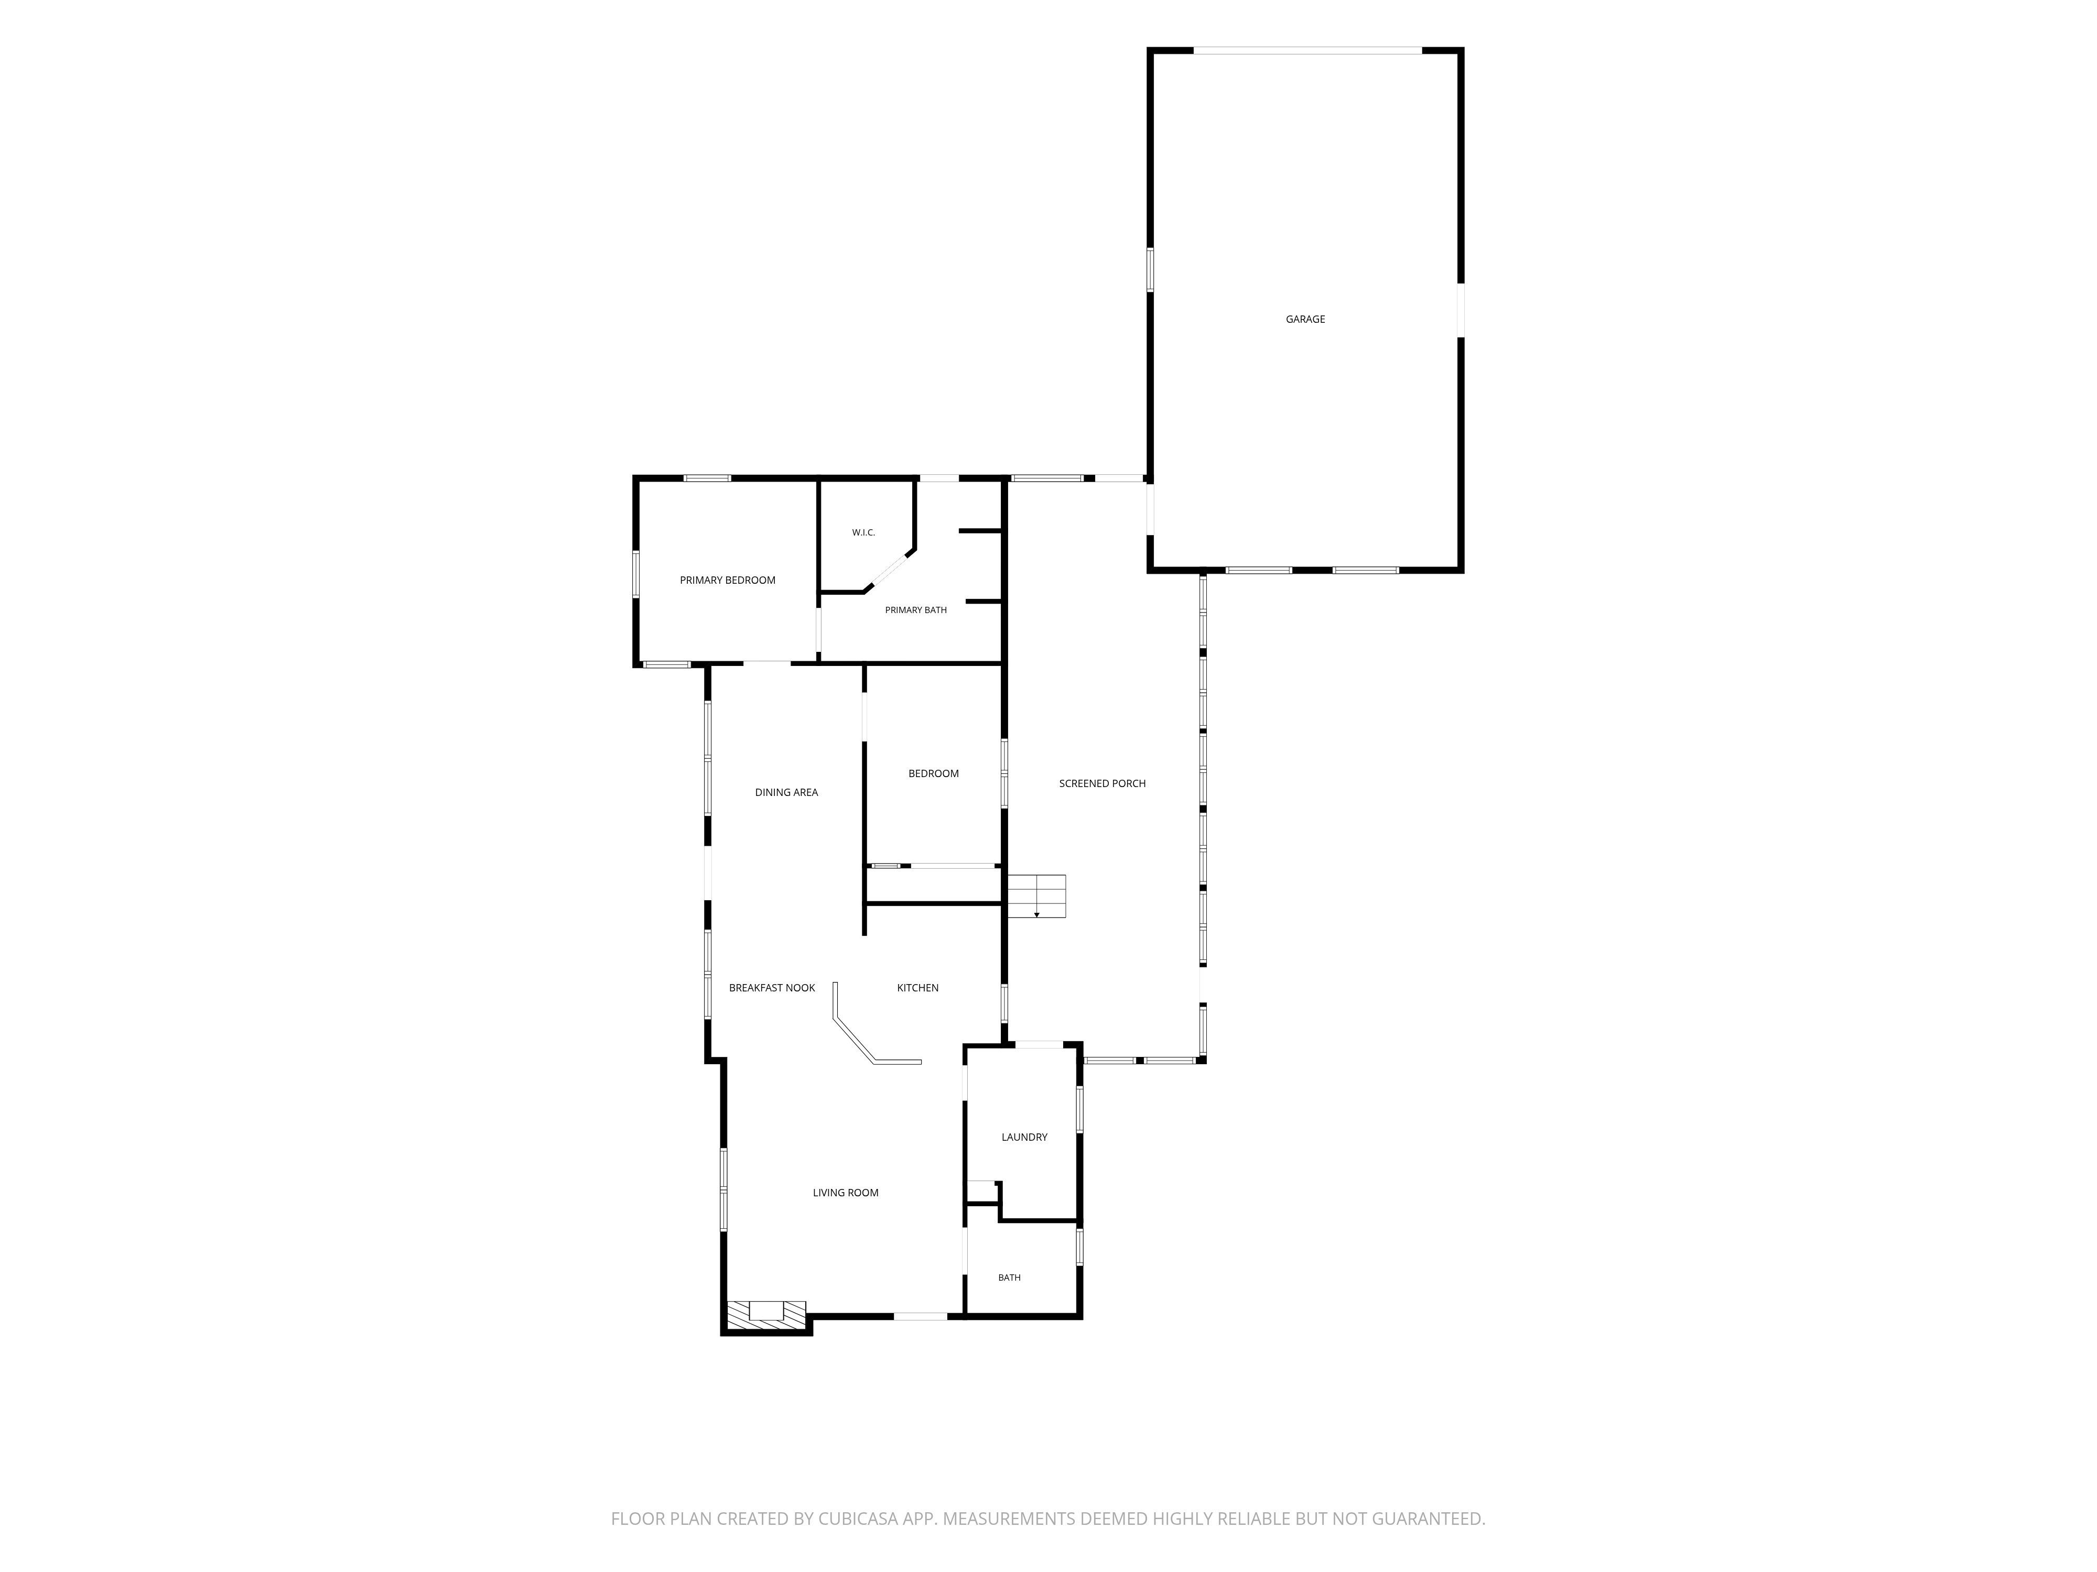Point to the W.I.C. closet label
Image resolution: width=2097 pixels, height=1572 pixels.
pyautogui.click(x=863, y=532)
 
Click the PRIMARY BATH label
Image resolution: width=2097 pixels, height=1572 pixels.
pyautogui.click(x=916, y=610)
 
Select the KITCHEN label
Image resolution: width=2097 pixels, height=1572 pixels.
pyautogui.click(x=917, y=987)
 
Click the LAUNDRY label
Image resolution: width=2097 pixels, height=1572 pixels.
pyautogui.click(x=1024, y=1137)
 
